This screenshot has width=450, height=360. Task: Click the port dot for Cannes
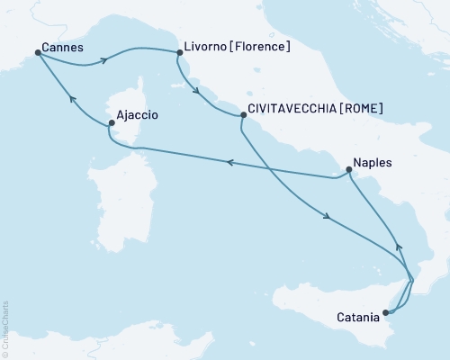[38, 52]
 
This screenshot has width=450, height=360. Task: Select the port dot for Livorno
[179, 52]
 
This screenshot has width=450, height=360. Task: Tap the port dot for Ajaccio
[112, 122]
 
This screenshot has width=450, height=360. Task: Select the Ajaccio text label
[139, 115]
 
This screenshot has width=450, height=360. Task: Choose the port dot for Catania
[385, 313]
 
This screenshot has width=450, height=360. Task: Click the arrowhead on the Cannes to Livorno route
[105, 60]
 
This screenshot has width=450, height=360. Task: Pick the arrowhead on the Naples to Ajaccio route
[229, 163]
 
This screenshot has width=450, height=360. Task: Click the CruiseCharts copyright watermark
[5, 328]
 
